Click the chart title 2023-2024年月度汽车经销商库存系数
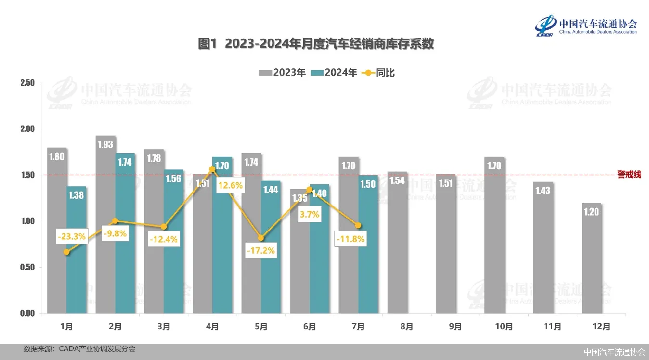316,44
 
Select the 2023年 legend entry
283,73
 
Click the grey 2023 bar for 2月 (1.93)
105,226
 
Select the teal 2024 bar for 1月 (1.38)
77,250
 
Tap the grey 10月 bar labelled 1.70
494,236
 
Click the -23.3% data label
71,236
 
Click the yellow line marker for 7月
358,225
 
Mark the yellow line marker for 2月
115,221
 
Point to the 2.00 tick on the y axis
27,129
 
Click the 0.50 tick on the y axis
27,267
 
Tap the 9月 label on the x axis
455,327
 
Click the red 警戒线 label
629,175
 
